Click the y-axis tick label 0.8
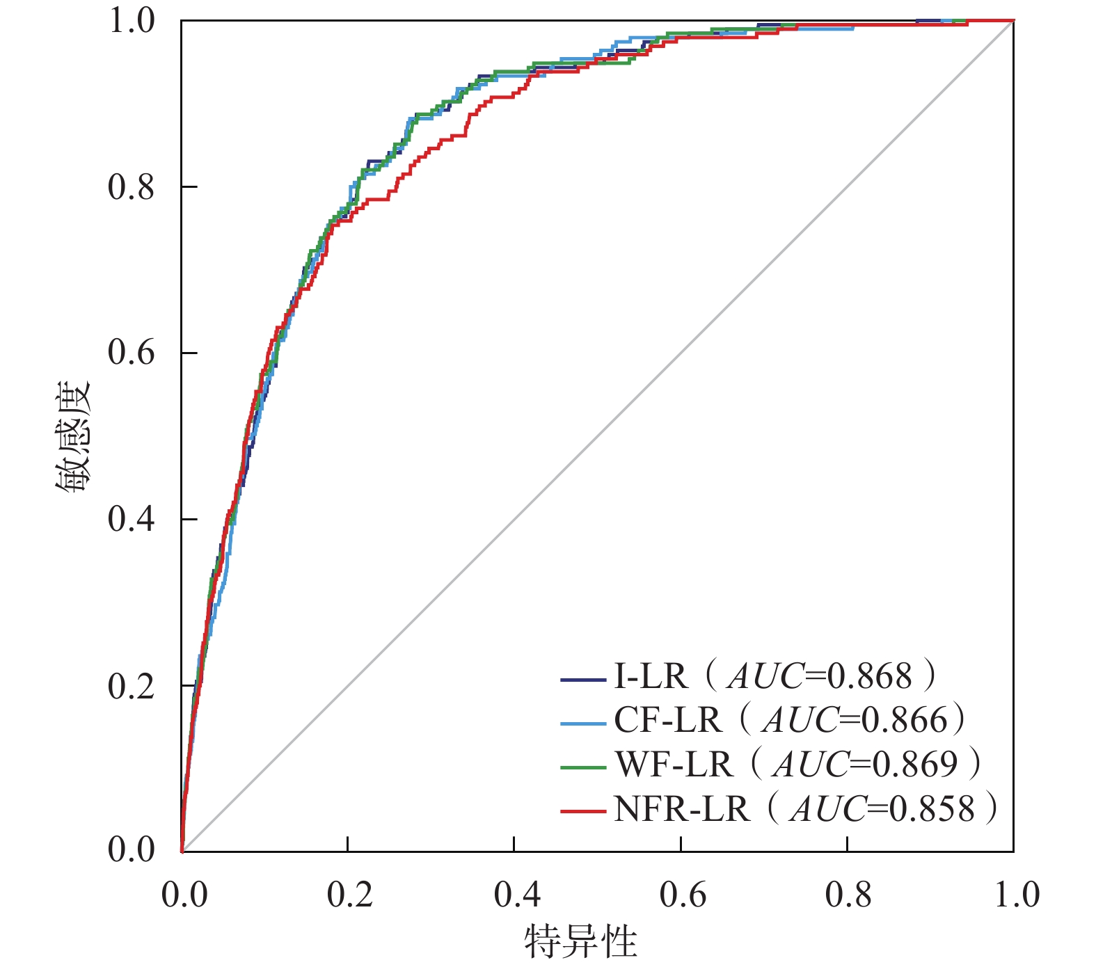131,187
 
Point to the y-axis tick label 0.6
131,353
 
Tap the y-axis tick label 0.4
131,519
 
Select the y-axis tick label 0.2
131,686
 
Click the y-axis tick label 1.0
131,21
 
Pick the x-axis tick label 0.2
350,895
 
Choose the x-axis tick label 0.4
516,895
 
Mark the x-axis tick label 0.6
683,895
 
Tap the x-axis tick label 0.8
849,895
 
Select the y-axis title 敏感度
73,436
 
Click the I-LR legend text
650,676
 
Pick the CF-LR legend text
667,720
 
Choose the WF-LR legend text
674,765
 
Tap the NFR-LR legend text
682,809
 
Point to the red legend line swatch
582,810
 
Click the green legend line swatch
582,767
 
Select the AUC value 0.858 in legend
932,809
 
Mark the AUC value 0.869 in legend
915,765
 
